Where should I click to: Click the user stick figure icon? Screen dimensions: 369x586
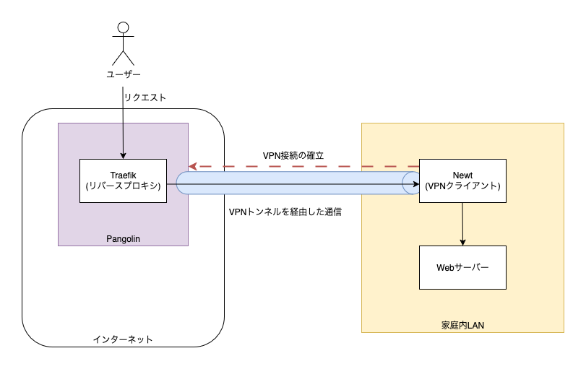point(123,45)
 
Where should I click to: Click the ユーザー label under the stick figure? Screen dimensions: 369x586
point(123,75)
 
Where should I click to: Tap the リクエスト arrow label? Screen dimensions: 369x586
point(145,97)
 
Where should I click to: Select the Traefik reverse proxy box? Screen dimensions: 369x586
point(123,181)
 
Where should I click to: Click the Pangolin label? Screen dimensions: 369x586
point(123,238)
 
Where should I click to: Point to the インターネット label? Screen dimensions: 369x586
point(123,339)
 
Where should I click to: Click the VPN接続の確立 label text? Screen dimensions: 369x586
point(303,155)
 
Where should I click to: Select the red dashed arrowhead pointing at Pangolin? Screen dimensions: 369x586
point(193,166)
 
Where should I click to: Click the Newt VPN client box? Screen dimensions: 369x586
point(462,181)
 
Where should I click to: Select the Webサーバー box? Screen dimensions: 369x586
point(462,267)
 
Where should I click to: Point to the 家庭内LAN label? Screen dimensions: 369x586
point(462,325)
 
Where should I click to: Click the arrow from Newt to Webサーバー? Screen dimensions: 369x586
point(462,224)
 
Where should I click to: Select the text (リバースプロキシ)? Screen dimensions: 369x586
point(123,186)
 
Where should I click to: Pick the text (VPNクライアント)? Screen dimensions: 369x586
point(462,186)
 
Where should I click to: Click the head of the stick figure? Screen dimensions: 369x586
point(123,28)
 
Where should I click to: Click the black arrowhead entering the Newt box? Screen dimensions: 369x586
point(415,184)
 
